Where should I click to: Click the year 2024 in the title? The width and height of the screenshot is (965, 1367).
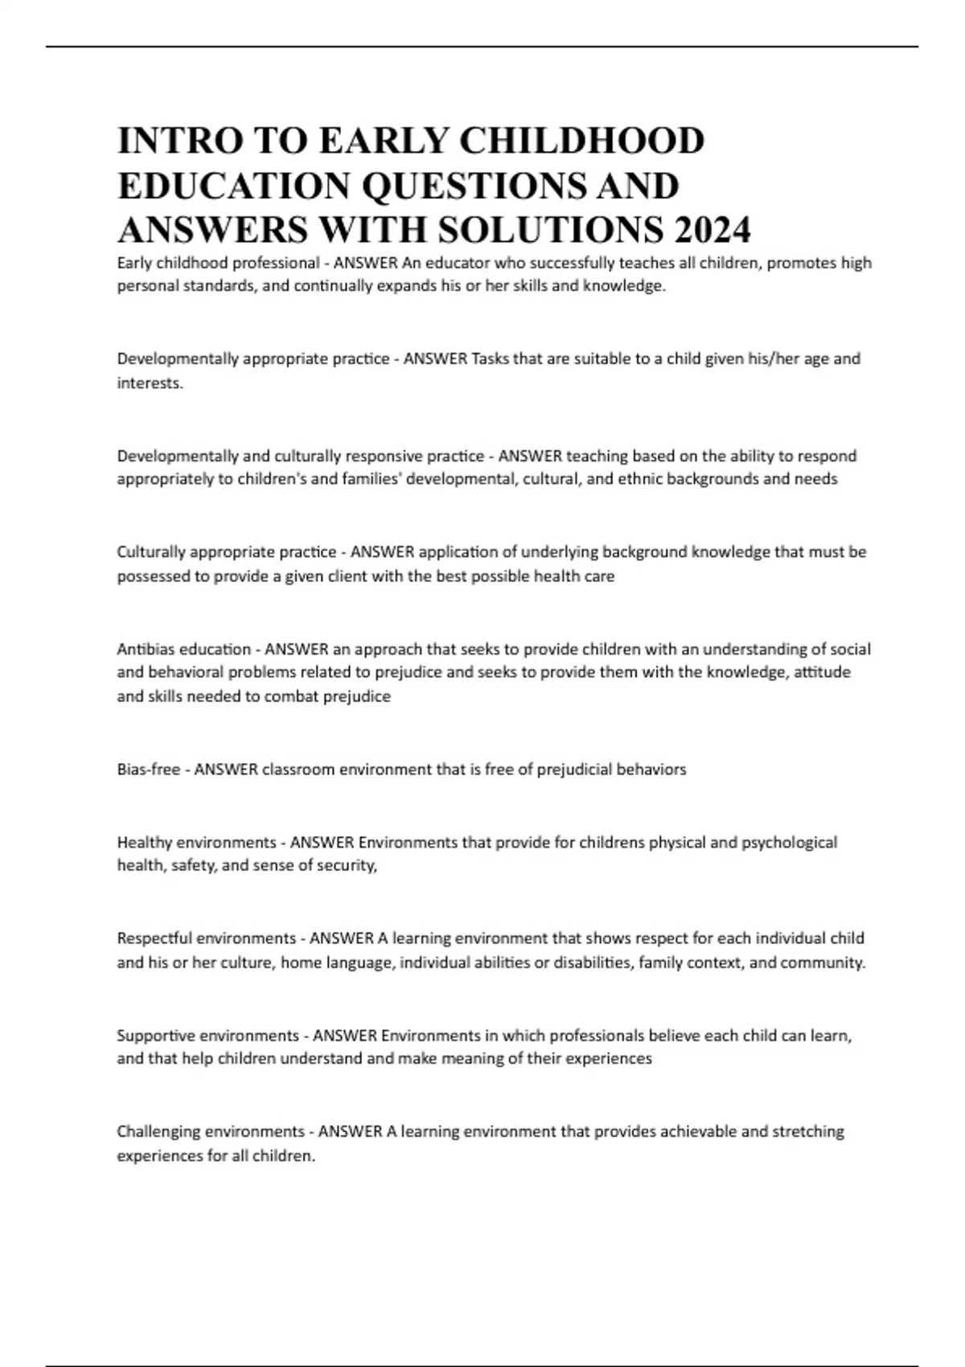[x=712, y=230]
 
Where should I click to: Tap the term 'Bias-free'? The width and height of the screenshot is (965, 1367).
[x=149, y=770]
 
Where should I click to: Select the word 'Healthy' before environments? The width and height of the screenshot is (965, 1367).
[x=145, y=843]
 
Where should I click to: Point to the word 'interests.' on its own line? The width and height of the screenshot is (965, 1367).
[x=150, y=384]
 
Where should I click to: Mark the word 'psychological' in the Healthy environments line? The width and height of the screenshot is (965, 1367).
[x=789, y=843]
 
